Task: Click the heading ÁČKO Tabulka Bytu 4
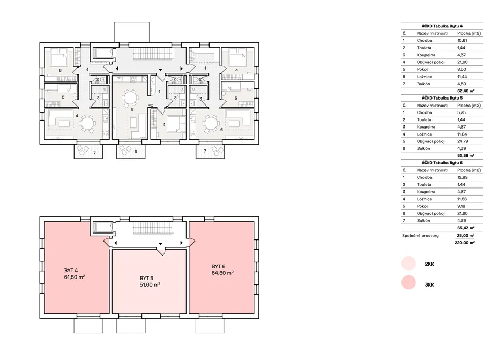[x=442, y=26]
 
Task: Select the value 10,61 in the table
[x=462, y=40]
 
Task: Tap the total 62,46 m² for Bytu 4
[x=466, y=91]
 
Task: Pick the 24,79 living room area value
[x=463, y=141]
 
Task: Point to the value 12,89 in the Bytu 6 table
[x=463, y=177]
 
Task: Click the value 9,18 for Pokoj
[x=461, y=206]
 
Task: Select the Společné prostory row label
[x=420, y=236]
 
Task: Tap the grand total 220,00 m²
[x=465, y=243]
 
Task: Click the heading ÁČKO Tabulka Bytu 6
[x=442, y=163]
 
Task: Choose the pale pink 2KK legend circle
[x=408, y=264]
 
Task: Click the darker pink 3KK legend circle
[x=408, y=282]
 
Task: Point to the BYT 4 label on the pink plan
[x=71, y=271]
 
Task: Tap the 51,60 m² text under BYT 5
[x=150, y=284]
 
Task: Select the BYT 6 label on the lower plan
[x=219, y=266]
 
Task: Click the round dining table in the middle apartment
[x=130, y=97]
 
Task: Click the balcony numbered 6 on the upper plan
[x=131, y=152]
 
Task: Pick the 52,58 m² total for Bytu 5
[x=466, y=156]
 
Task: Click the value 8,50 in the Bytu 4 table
[x=461, y=69]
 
